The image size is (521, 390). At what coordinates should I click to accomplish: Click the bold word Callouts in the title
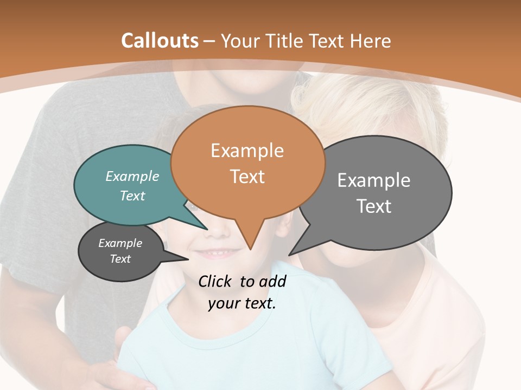tap(160, 41)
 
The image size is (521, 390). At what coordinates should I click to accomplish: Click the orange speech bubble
tap(247, 162)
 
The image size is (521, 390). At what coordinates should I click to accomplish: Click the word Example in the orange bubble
tap(247, 151)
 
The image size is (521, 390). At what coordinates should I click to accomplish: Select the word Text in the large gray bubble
tap(374, 206)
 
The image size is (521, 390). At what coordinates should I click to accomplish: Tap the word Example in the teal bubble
tap(132, 177)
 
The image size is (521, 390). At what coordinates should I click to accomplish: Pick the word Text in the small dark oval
tap(120, 259)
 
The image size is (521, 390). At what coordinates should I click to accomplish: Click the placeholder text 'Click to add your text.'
tap(242, 292)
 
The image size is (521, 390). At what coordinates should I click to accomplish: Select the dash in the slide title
tap(209, 41)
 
